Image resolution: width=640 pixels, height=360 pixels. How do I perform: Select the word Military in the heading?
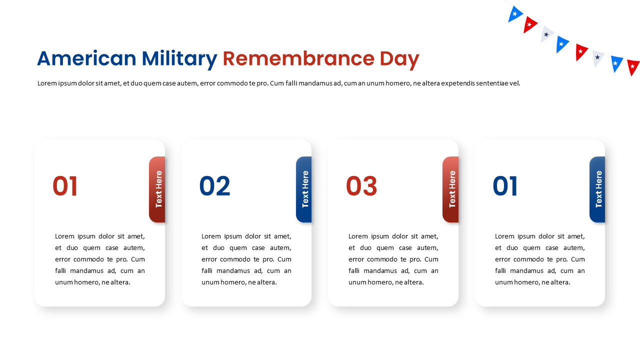pos(179,59)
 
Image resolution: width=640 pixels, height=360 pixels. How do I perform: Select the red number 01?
pos(65,186)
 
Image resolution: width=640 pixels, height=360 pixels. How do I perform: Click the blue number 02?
pos(214,186)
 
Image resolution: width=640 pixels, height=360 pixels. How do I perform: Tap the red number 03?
pos(361,186)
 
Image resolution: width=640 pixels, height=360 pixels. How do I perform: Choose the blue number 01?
pos(505,186)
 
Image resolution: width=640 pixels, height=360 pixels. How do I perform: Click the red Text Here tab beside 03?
pos(451,189)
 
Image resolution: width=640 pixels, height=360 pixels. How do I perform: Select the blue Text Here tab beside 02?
pos(304,189)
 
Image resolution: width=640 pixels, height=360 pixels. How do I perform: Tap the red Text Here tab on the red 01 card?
pos(157,189)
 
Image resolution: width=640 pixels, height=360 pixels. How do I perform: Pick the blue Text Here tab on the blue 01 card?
pos(597,189)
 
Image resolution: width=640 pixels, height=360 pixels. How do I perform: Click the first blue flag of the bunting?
pos(514,13)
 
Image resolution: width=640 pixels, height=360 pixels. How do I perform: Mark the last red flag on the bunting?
pos(632,66)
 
